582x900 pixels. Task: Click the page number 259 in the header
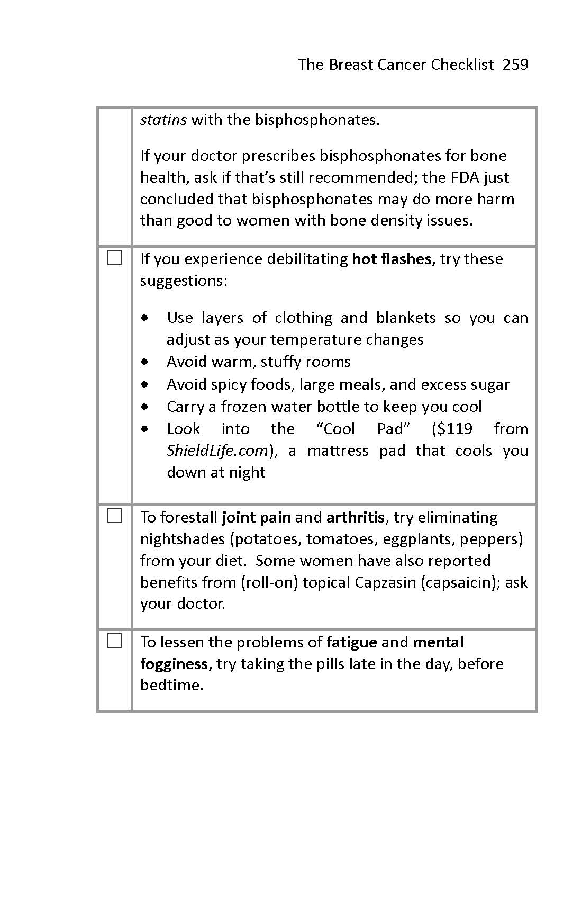pyautogui.click(x=515, y=65)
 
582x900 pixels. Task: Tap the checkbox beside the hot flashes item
pyautogui.click(x=115, y=258)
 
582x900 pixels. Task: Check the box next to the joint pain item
pyautogui.click(x=115, y=516)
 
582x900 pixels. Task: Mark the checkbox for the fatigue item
pyautogui.click(x=115, y=641)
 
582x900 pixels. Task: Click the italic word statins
pyautogui.click(x=163, y=120)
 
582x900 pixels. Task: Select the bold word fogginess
pyautogui.click(x=174, y=664)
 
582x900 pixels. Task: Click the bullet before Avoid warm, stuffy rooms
pyautogui.click(x=145, y=362)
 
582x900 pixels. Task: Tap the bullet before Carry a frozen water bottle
pyautogui.click(x=145, y=407)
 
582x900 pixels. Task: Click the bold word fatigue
pyautogui.click(x=352, y=642)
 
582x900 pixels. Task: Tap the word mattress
pyautogui.click(x=338, y=451)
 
